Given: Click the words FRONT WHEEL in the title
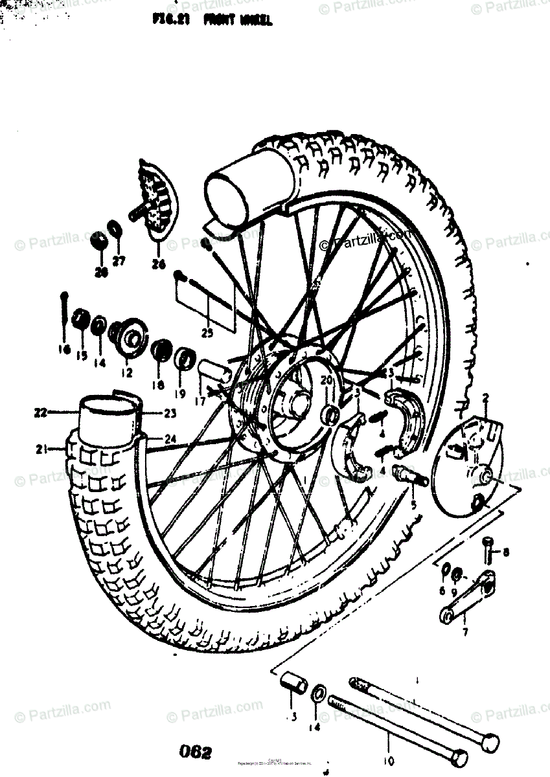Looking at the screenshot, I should coord(238,21).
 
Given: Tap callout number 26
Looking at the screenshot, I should coord(159,264).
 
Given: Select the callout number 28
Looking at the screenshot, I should coord(100,272).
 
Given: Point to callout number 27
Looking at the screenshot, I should coord(119,261).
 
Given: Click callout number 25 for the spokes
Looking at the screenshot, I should coord(207,333).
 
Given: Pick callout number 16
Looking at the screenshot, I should coord(63,349).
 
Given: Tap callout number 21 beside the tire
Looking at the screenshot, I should coord(41,448).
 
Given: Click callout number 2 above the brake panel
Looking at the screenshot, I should coord(485,396).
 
